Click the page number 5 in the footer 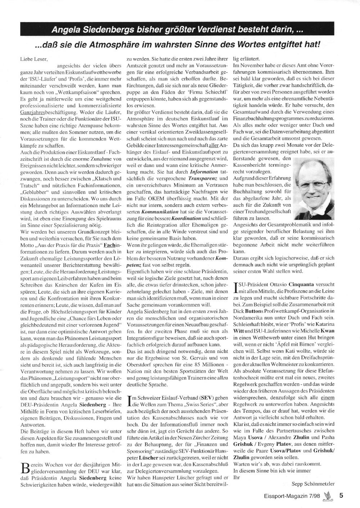click(341, 495)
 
